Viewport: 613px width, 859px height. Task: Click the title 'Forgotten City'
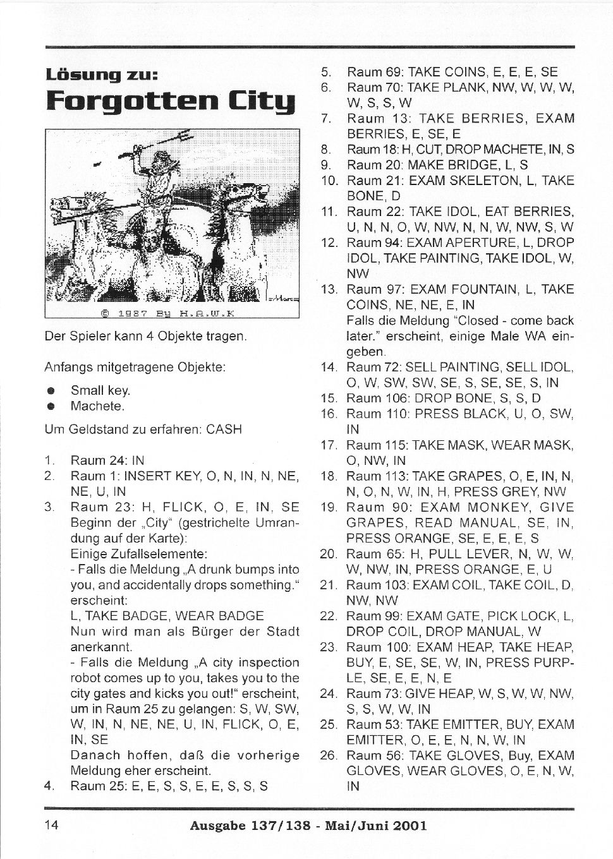[x=171, y=101]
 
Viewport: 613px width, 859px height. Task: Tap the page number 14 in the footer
[x=52, y=824]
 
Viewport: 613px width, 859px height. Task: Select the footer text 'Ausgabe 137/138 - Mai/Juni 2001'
[x=308, y=825]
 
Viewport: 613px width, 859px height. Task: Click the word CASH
[x=224, y=429]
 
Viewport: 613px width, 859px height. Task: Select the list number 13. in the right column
[x=329, y=289]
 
